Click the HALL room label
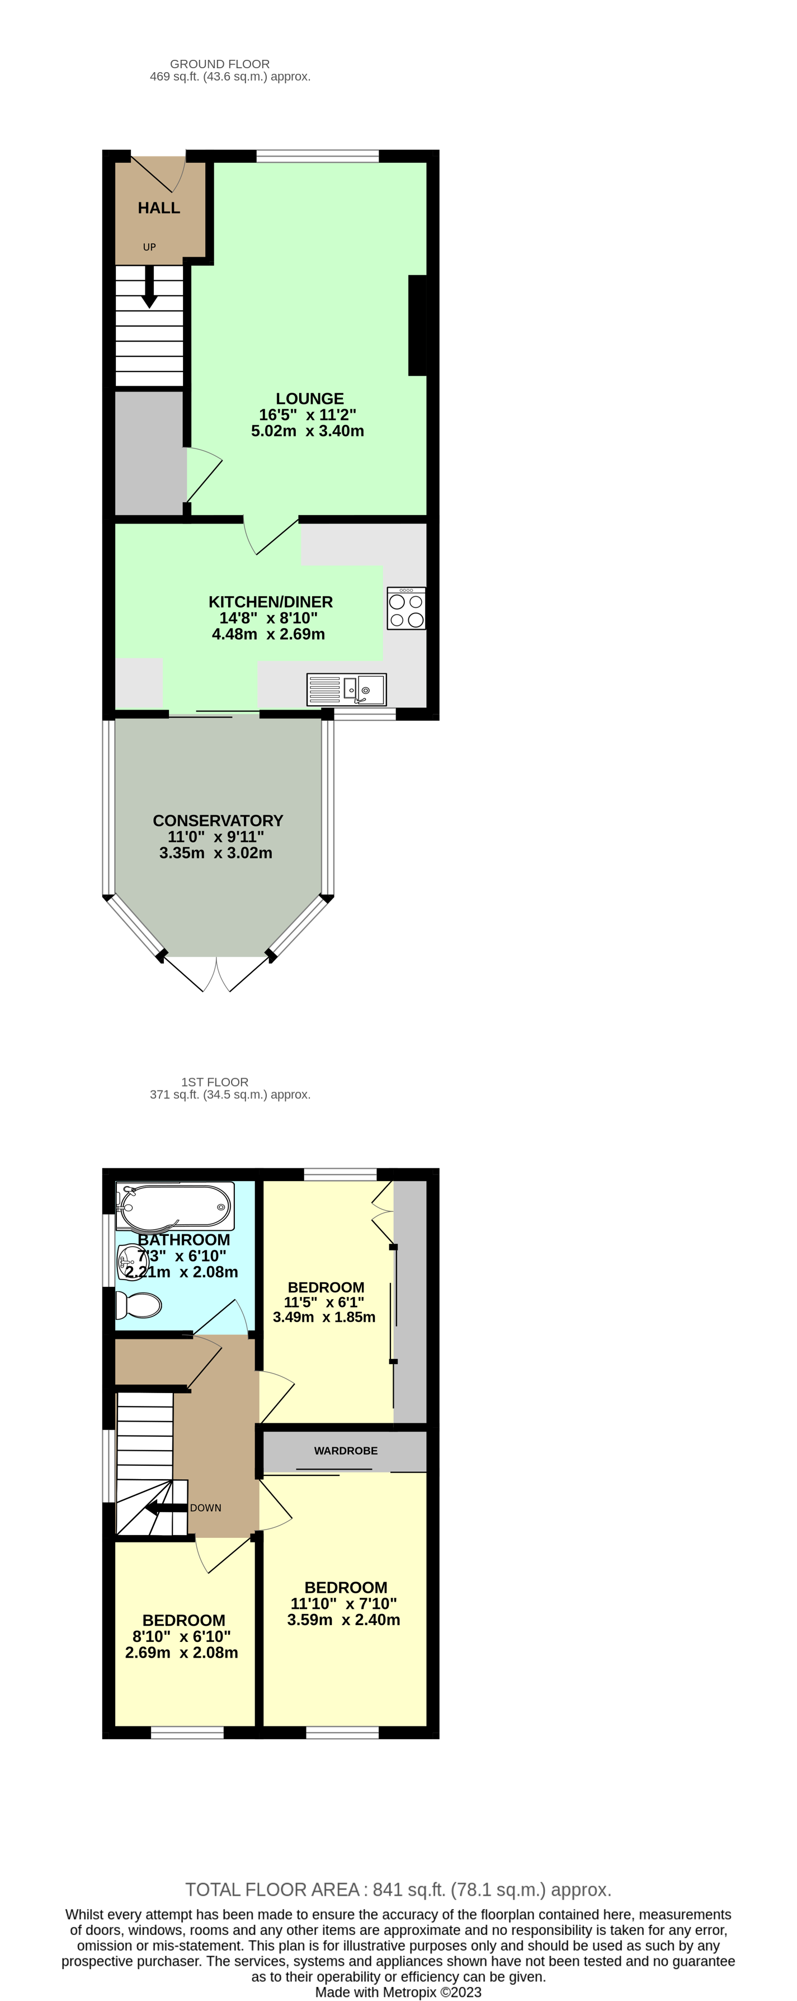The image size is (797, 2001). (x=158, y=207)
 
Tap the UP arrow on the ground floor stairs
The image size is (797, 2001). (x=149, y=287)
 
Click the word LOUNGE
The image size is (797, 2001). (x=309, y=399)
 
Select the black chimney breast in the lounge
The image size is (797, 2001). (x=417, y=325)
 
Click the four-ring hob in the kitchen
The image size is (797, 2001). (x=406, y=608)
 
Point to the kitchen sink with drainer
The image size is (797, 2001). (x=346, y=689)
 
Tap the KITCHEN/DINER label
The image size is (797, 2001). (x=270, y=601)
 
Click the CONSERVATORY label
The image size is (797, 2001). (x=218, y=820)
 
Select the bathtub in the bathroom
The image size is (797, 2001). (x=175, y=1206)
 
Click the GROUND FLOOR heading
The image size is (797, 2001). (x=220, y=64)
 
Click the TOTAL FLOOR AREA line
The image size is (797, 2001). (x=398, y=1889)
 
